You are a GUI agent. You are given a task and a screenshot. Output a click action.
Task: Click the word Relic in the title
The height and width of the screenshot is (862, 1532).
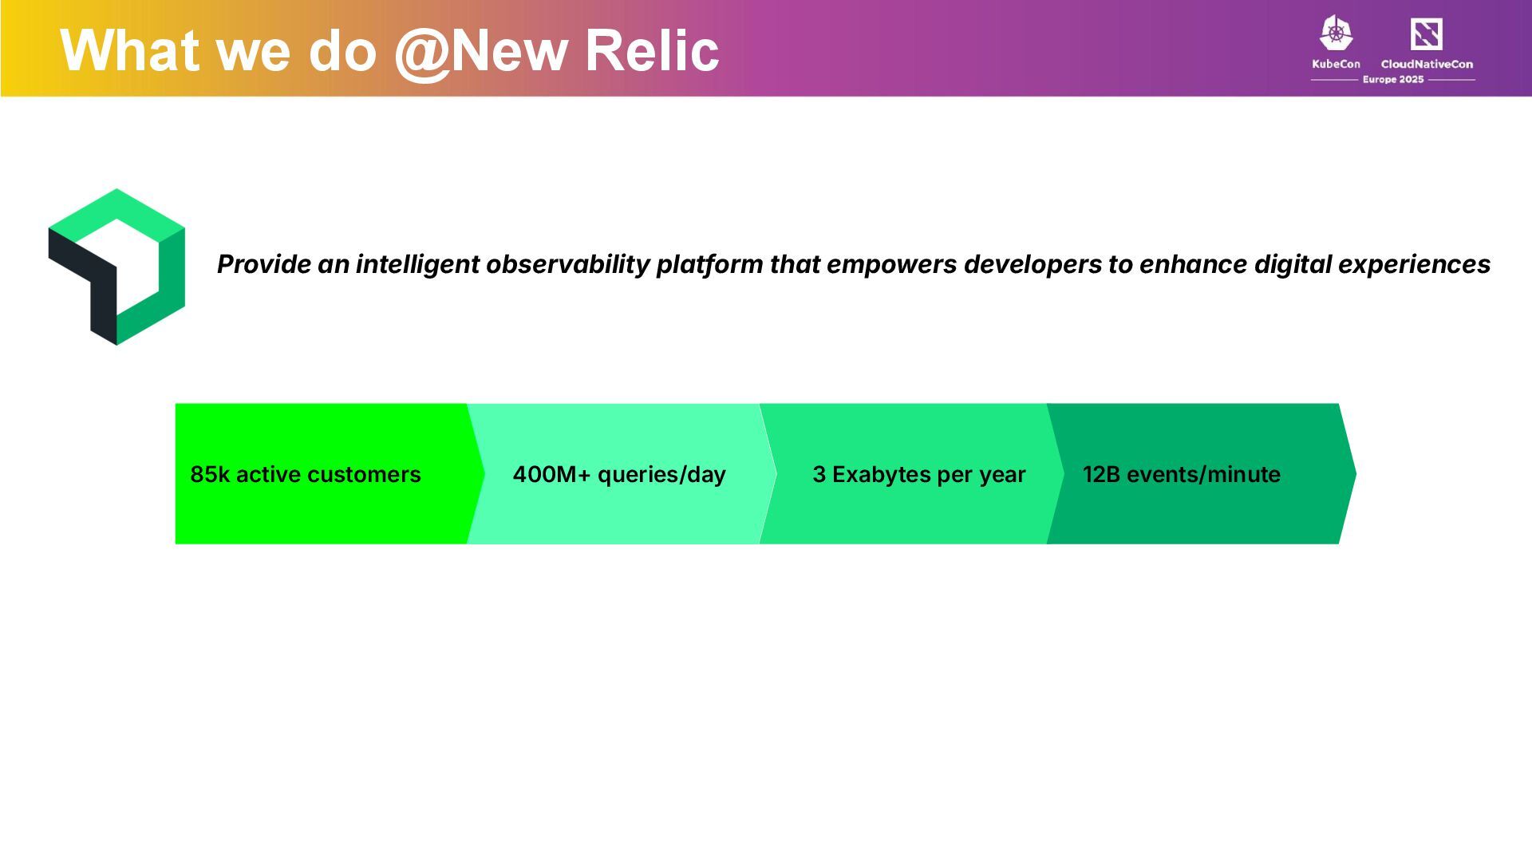[651, 50]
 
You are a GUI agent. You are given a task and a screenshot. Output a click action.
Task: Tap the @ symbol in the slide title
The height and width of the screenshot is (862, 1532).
[422, 53]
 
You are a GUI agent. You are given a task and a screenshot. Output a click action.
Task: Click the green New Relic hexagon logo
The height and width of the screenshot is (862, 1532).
[116, 267]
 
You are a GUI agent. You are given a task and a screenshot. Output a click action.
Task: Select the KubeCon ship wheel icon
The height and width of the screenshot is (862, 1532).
[1336, 34]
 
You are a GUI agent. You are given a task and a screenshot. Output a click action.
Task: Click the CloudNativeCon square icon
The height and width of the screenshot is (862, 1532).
[1426, 34]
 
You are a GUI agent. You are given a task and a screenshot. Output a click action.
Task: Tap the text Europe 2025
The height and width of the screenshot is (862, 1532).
[1393, 80]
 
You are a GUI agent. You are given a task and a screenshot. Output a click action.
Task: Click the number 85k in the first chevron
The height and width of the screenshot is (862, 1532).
[210, 474]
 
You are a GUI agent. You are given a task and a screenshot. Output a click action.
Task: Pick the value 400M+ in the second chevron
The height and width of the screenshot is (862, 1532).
[552, 474]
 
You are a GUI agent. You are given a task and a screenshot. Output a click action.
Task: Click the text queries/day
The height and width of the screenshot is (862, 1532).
[661, 475]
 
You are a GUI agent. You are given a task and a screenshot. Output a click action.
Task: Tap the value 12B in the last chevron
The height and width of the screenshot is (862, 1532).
[1101, 474]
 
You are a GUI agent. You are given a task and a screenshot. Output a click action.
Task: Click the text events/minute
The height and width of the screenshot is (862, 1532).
[1203, 474]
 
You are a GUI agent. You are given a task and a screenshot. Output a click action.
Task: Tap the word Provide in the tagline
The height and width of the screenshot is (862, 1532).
[264, 264]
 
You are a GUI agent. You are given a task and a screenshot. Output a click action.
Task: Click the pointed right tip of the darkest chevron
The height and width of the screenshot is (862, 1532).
[1355, 474]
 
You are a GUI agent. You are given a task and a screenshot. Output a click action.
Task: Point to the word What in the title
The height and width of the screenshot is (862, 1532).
[130, 50]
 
